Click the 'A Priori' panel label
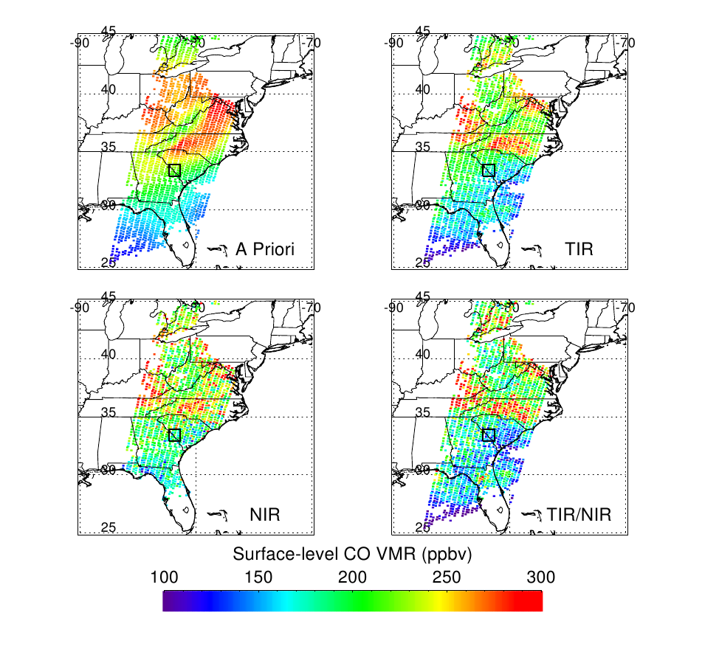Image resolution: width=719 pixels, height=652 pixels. coord(264,249)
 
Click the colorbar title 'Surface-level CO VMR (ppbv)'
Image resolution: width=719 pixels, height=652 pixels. coord(352,554)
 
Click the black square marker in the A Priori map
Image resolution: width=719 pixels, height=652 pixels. coord(174,170)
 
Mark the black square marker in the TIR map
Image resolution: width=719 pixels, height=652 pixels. coord(488,170)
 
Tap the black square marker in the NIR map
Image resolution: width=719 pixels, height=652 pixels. coord(174,435)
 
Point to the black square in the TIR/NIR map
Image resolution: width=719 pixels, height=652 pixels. coord(488,435)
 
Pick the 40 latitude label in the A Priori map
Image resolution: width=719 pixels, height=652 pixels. coord(109,89)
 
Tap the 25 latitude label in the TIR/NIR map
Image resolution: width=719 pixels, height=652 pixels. coord(422,527)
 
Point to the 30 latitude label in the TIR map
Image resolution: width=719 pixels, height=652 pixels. coord(422,204)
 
